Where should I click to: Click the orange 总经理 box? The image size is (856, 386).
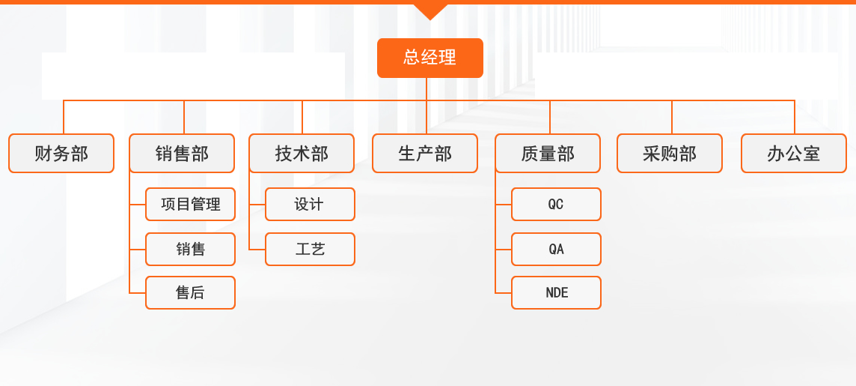[430, 58]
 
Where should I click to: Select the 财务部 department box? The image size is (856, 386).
[61, 153]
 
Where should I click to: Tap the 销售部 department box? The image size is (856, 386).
[182, 153]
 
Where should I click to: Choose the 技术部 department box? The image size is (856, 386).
[302, 153]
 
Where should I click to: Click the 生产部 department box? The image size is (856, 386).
[425, 153]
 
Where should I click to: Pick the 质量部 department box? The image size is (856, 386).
[548, 153]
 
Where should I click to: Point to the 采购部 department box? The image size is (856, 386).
[669, 153]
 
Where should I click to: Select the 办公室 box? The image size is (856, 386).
[794, 153]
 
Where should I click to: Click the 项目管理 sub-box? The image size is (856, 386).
[191, 205]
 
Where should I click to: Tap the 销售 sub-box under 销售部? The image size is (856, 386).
[191, 250]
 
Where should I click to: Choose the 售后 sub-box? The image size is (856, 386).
[191, 292]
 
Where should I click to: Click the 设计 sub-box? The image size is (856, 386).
[310, 205]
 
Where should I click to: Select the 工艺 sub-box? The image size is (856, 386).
[310, 250]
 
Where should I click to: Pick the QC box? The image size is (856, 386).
[556, 205]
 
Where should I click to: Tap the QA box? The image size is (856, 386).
[556, 250]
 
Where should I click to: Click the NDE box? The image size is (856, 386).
[556, 292]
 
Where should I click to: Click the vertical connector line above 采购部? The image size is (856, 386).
[672, 117]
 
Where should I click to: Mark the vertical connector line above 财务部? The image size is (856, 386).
[64, 117]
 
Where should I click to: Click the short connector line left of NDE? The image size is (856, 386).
[504, 293]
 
